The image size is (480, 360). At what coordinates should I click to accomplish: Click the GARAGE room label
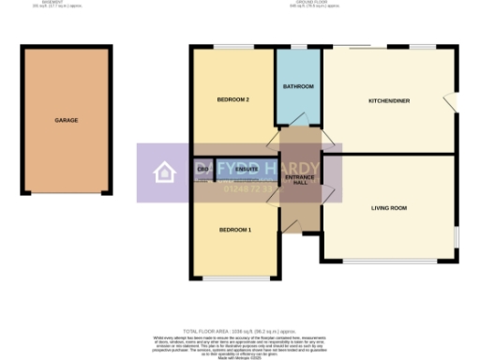pos(66,121)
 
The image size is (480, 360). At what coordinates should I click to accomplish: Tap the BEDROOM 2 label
pos(233,99)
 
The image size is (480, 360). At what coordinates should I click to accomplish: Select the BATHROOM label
pos(298,87)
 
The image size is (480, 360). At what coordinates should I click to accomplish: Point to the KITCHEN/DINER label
pos(388,99)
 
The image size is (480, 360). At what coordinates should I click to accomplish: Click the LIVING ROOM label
pos(387,208)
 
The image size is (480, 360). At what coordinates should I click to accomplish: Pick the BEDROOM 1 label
pos(235,230)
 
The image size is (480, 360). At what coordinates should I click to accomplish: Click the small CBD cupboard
pos(202,170)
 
